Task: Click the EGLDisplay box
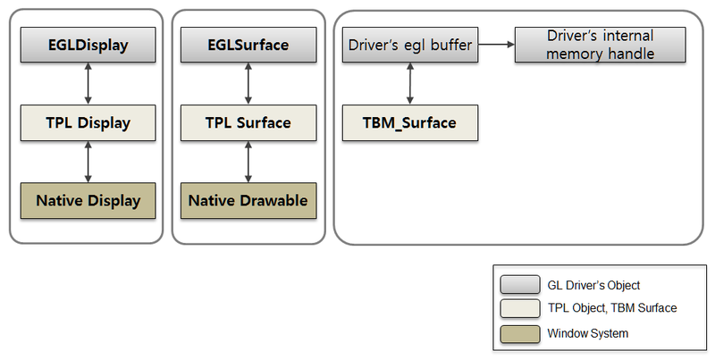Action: tap(88, 45)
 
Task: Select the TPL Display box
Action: tap(88, 122)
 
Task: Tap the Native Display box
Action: tap(88, 200)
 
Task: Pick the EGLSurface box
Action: tap(248, 45)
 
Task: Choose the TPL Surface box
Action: tap(248, 122)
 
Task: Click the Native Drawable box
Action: tap(248, 200)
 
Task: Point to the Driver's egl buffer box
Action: tap(410, 45)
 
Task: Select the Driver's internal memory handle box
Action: tap(600, 45)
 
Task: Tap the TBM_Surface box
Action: tap(410, 122)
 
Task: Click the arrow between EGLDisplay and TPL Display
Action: tap(88, 83)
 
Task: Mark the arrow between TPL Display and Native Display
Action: tap(88, 162)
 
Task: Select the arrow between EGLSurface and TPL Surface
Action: tap(248, 83)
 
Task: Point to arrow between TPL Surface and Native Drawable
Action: tap(248, 162)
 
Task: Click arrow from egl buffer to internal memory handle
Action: tap(496, 43)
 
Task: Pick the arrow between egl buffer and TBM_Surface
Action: tap(410, 83)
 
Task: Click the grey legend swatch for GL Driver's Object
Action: tap(520, 285)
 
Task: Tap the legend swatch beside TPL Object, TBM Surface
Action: tap(520, 308)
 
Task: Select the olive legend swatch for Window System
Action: tap(520, 332)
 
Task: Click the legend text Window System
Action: tap(588, 333)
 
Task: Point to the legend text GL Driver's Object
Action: tap(593, 285)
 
